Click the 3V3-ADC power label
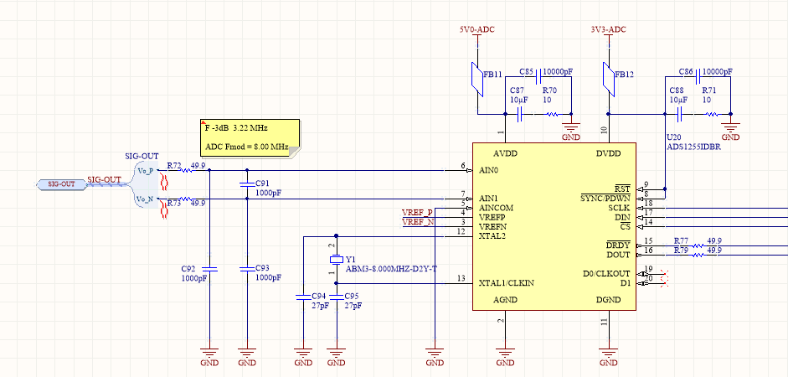coord(608,29)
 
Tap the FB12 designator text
coord(624,75)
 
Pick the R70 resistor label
coord(549,90)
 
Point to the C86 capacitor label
coord(687,72)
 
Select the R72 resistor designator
coord(173,166)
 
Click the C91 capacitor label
coord(262,183)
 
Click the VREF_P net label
coord(417,213)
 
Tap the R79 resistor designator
coord(680,250)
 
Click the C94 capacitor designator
coord(318,297)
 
